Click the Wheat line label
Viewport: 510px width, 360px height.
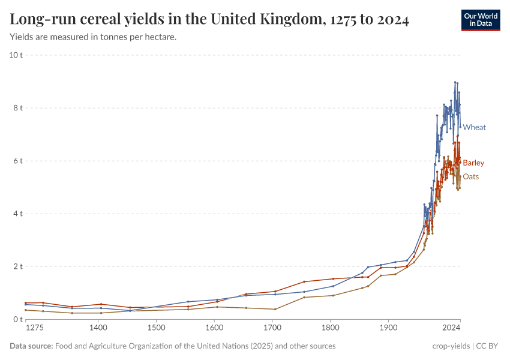(474, 127)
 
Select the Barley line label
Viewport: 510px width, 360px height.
(473, 163)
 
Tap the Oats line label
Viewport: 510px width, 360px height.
(470, 176)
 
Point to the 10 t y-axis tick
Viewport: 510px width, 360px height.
(16, 55)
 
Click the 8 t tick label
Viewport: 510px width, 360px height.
(17, 108)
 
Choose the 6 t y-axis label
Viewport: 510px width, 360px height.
(17, 161)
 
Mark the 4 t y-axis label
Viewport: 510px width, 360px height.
(17, 214)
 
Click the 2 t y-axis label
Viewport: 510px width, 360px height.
(17, 266)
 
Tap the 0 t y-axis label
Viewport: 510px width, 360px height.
(17, 319)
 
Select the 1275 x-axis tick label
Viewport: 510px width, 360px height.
(35, 328)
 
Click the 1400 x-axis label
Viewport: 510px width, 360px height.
(98, 328)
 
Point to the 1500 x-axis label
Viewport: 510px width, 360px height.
(156, 328)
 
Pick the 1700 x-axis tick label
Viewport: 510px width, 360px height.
(272, 328)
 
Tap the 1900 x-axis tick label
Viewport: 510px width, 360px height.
(388, 328)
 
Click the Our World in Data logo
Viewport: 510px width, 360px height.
(480, 19)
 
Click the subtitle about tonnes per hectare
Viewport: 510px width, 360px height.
(93, 37)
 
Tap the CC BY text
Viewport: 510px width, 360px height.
(490, 346)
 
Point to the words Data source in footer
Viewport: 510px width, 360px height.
(31, 346)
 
